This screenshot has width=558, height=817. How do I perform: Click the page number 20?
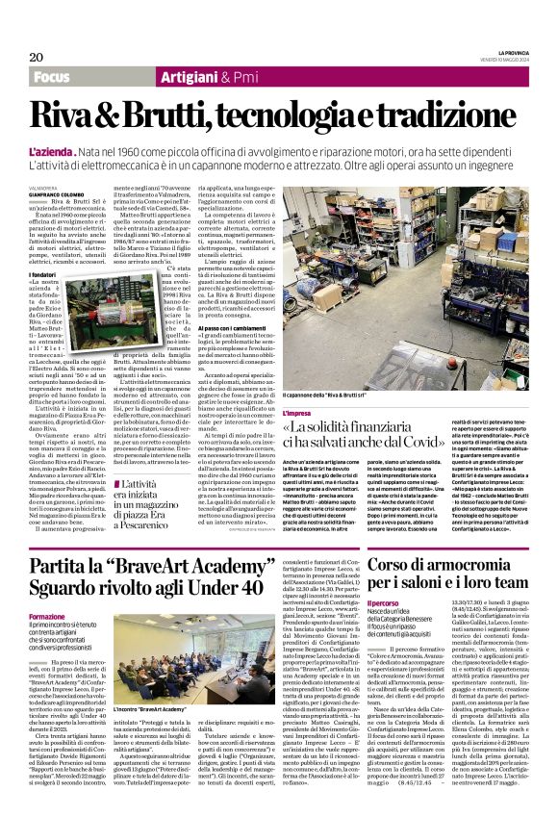pyautogui.click(x=37, y=58)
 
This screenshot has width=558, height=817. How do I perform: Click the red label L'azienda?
pyautogui.click(x=49, y=153)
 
